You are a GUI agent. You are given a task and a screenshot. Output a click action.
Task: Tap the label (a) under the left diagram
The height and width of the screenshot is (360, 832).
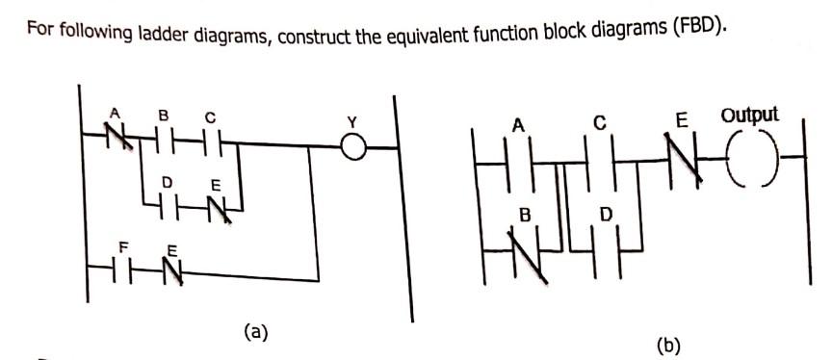255,332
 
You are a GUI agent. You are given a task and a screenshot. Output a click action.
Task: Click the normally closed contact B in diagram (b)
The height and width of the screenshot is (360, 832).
524,255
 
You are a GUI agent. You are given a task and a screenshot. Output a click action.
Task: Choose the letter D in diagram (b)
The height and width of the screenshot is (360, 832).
606,212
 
